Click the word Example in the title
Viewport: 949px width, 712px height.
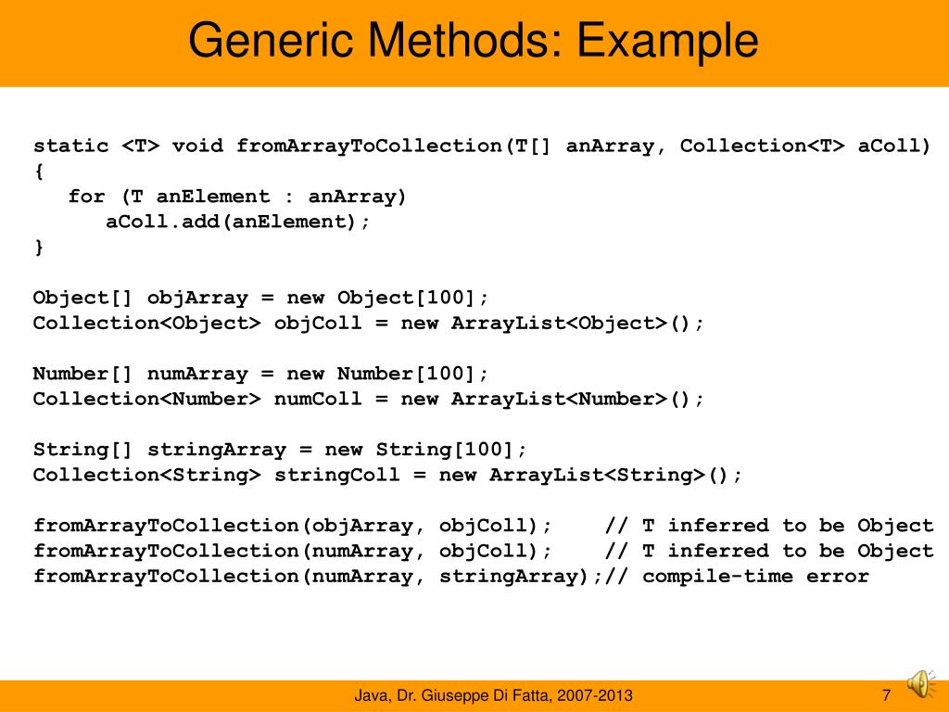point(667,42)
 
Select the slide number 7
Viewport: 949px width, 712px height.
point(886,695)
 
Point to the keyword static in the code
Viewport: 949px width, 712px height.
point(70,146)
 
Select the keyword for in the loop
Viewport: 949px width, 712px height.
point(86,197)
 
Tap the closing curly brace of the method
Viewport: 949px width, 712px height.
point(38,248)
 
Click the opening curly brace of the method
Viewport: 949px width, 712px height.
point(38,172)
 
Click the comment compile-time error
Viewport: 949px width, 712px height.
point(755,576)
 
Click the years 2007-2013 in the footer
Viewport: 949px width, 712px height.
point(601,695)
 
